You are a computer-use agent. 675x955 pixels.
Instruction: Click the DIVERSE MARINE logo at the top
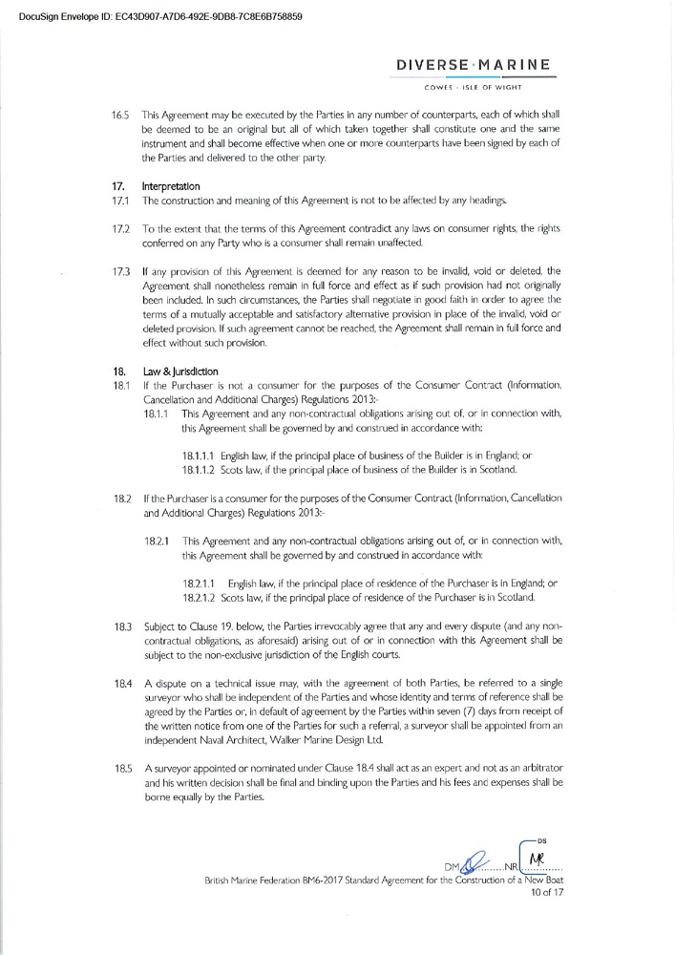474,65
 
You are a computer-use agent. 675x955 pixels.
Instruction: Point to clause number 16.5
119,115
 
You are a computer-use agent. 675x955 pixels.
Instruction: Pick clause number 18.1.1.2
199,470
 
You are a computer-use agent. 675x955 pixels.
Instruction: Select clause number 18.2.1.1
199,583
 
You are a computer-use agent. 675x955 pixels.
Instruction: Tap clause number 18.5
121,767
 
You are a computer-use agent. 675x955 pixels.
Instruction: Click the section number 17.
118,187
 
